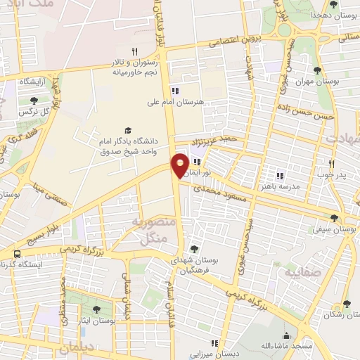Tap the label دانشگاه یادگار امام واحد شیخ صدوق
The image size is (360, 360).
pyautogui.click(x=131, y=146)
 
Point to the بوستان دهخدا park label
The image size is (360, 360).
pyautogui.click(x=331, y=15)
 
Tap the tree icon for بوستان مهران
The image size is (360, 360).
pyautogui.click(x=318, y=70)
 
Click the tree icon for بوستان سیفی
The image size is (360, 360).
pyautogui.click(x=334, y=218)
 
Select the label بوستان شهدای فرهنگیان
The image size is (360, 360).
pyautogui.click(x=195, y=264)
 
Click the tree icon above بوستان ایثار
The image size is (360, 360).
pyautogui.click(x=97, y=309)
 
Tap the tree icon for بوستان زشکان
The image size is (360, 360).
pyautogui.click(x=346, y=304)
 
